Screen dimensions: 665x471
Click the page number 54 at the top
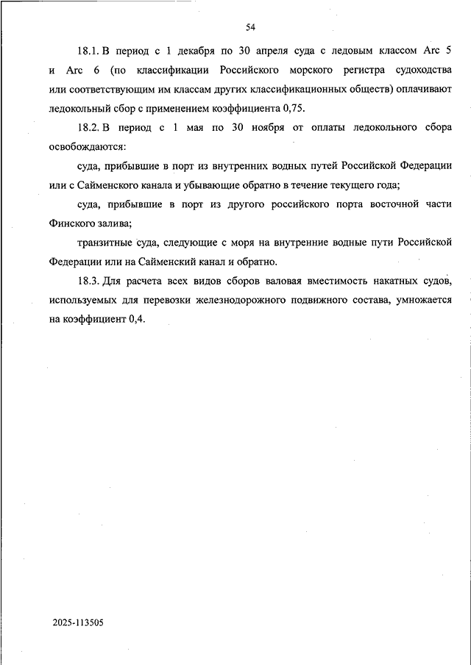250,27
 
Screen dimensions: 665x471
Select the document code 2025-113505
78,622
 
